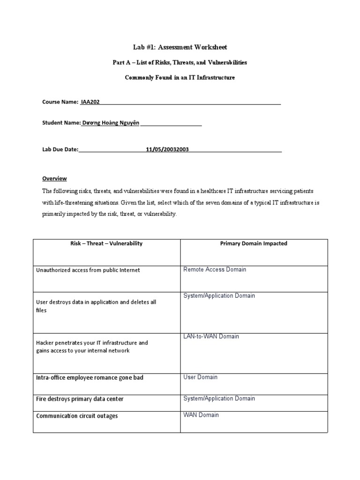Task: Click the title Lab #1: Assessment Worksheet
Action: (x=180, y=47)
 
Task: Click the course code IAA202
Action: (x=90, y=102)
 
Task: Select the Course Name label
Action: (x=60, y=102)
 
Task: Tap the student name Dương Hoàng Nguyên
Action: (x=111, y=122)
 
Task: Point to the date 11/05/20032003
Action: (x=167, y=150)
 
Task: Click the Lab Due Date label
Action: (x=60, y=150)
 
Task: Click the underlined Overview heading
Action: (x=54, y=179)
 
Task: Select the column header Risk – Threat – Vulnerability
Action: (x=106, y=244)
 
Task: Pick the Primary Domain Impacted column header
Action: (x=254, y=244)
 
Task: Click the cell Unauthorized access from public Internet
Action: (x=88, y=270)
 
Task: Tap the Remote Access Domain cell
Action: (x=215, y=270)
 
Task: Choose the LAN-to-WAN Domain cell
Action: (x=211, y=337)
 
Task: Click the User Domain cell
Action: (x=200, y=377)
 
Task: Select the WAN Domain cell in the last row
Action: (x=201, y=415)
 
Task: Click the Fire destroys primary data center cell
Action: (x=80, y=399)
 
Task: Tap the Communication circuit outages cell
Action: (x=77, y=416)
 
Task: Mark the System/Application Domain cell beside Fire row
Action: (x=219, y=398)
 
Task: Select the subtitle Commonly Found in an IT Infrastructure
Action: (x=180, y=77)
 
